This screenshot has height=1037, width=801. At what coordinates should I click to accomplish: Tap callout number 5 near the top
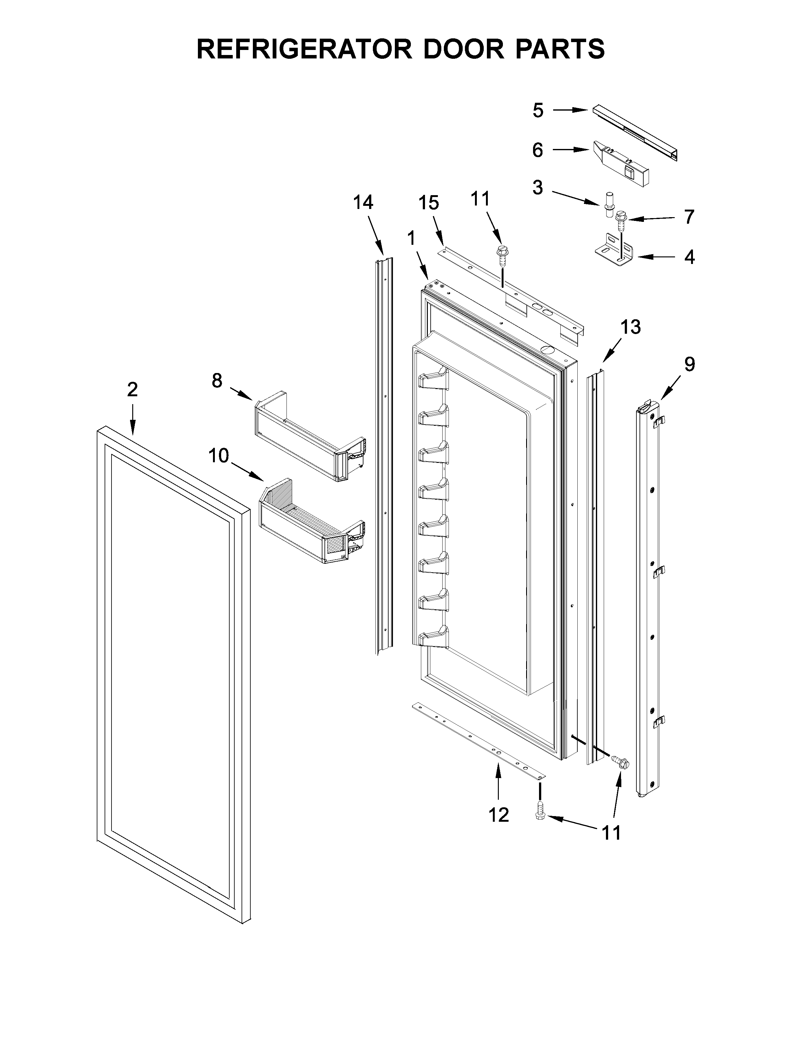(x=538, y=111)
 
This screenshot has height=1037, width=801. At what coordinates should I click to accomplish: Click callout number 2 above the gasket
(x=132, y=390)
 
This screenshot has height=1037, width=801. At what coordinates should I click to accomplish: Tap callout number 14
(x=363, y=203)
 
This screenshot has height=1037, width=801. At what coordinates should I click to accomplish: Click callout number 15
(x=428, y=203)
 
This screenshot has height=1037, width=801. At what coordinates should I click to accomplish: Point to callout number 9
(x=689, y=364)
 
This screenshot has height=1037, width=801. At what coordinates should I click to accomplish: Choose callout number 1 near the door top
(x=411, y=239)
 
